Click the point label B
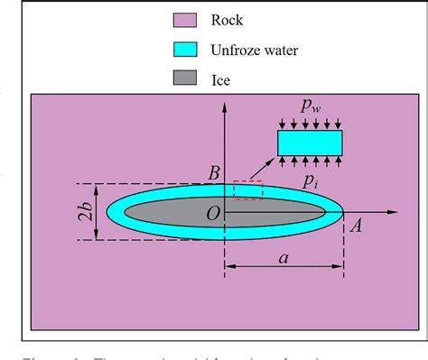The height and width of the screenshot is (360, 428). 214,172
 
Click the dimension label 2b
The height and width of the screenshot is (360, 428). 83,212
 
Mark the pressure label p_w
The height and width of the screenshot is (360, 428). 312,109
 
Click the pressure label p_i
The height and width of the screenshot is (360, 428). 311,180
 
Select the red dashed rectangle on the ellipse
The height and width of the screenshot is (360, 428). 248,189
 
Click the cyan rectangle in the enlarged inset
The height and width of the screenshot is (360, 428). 310,143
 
